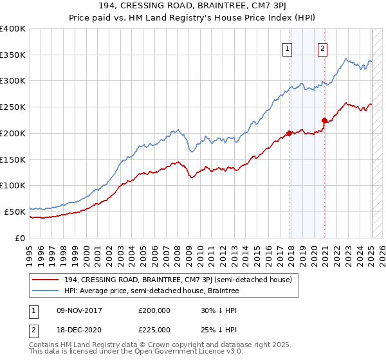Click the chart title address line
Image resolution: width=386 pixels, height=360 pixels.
pos(193,6)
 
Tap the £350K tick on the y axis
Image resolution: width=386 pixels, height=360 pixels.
pos(14,55)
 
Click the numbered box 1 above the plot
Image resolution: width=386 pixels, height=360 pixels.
pos(286,46)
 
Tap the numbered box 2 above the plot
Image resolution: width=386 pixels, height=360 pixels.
pos(322,46)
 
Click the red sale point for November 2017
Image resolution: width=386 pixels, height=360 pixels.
pos(289,134)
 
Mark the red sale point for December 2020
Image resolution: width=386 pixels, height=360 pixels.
pos(325,120)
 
